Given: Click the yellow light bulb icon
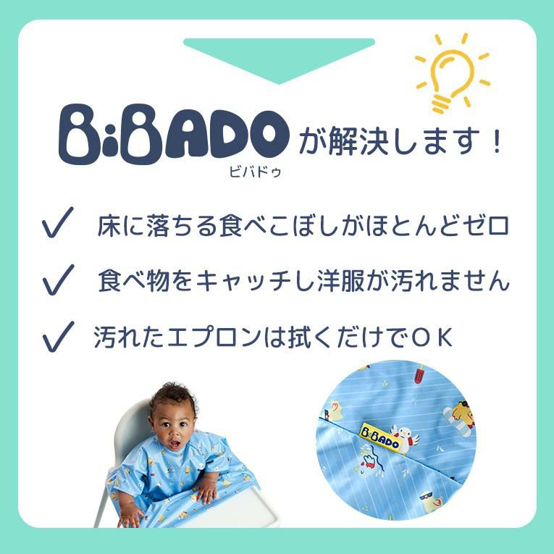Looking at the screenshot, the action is click(x=452, y=74).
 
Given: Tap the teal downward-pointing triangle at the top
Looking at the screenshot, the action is click(x=279, y=59).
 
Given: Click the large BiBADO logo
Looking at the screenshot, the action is click(x=174, y=134).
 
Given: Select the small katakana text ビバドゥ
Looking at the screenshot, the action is click(x=255, y=172).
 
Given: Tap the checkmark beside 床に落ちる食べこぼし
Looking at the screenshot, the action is click(x=58, y=222).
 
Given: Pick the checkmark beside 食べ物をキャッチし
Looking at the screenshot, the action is click(x=59, y=280).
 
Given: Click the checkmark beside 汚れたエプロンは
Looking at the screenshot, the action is click(x=59, y=337).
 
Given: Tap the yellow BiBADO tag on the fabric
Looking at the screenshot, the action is click(x=379, y=437).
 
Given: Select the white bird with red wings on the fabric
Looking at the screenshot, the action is click(x=406, y=439).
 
